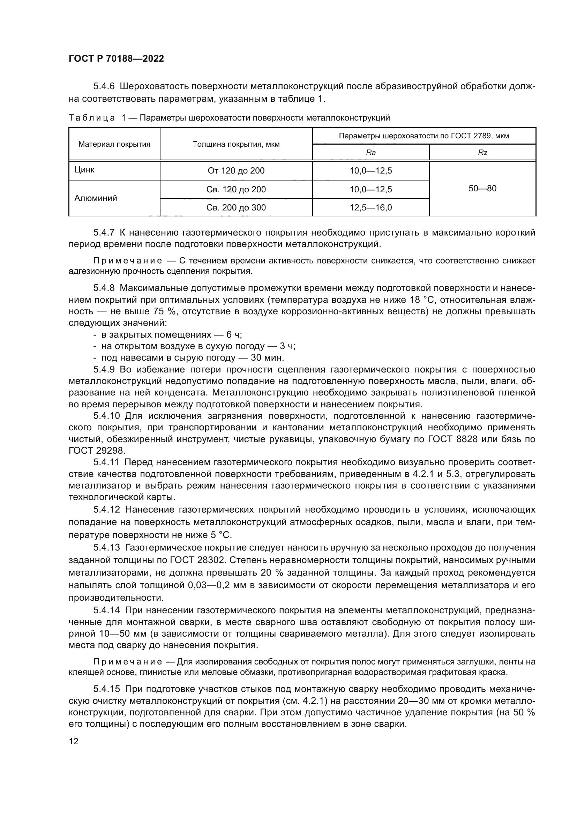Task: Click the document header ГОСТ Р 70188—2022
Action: [116, 59]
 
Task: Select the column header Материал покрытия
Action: [114, 144]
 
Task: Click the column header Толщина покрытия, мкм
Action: [236, 144]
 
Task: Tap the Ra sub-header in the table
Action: [370, 153]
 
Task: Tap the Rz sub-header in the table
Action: [482, 153]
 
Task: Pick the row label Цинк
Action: [84, 170]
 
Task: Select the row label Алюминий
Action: [96, 198]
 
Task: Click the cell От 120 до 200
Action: [236, 171]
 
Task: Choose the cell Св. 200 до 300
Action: [236, 208]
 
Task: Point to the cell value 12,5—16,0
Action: [370, 208]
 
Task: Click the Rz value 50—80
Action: [482, 189]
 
